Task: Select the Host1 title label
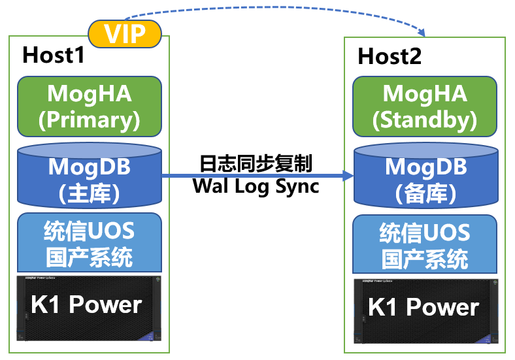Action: point(54,55)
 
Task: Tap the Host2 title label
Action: point(390,56)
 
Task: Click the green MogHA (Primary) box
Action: point(89,106)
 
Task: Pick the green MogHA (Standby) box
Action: point(425,106)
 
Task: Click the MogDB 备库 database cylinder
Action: point(425,176)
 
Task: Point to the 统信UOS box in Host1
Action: point(89,244)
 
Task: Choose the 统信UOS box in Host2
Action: point(425,244)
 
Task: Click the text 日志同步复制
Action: point(256,163)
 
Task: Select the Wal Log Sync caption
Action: point(256,186)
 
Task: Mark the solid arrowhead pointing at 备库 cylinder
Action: point(348,175)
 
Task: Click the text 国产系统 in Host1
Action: point(89,257)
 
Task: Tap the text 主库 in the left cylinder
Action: point(89,193)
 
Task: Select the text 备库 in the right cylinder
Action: point(425,194)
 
